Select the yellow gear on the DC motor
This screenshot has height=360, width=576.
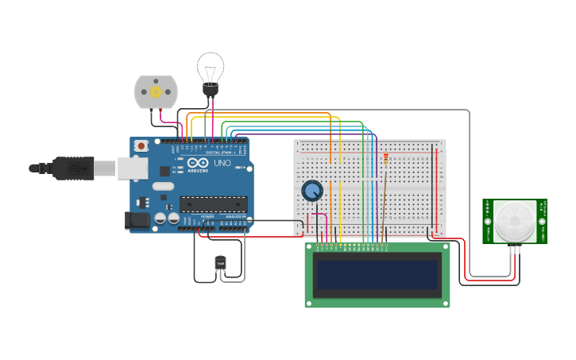[156, 92]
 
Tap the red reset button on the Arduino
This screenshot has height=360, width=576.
[141, 145]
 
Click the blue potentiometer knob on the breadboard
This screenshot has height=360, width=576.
[312, 191]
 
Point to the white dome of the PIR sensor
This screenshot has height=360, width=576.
[514, 220]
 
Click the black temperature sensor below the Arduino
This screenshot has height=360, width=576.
[220, 263]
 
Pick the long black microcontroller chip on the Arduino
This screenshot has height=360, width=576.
[213, 204]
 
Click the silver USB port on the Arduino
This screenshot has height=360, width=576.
[132, 168]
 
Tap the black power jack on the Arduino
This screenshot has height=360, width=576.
[137, 220]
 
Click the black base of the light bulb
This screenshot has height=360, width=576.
[211, 90]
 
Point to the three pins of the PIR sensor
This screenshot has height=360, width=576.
[514, 249]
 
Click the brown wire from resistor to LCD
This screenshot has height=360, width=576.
[382, 207]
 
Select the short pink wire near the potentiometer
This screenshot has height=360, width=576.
[321, 215]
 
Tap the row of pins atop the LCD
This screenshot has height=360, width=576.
[353, 246]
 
